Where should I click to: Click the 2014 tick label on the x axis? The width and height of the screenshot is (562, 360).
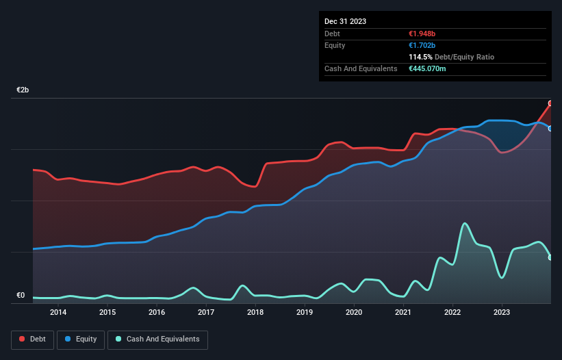(x=58, y=313)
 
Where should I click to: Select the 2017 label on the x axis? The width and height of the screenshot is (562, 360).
(x=206, y=313)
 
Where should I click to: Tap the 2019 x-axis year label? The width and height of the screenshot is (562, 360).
(x=305, y=313)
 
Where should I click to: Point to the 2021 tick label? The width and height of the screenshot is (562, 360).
(x=403, y=313)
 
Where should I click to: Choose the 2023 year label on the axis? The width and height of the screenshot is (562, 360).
(x=502, y=313)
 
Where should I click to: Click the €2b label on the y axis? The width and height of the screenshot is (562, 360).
(x=23, y=90)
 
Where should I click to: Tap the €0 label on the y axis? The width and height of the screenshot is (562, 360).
(x=21, y=296)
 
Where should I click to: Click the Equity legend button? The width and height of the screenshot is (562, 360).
(x=81, y=339)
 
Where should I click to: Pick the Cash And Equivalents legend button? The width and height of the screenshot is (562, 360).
(x=157, y=339)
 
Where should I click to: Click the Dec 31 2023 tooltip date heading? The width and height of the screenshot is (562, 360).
(x=345, y=21)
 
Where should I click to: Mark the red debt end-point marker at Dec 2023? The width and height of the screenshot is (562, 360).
(x=550, y=103)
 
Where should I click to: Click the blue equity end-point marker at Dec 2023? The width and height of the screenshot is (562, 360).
(x=550, y=128)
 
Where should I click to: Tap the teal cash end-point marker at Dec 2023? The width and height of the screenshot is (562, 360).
(x=550, y=257)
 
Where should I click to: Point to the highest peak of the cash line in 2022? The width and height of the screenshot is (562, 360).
(x=465, y=223)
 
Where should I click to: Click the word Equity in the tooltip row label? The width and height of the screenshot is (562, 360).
(x=335, y=45)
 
